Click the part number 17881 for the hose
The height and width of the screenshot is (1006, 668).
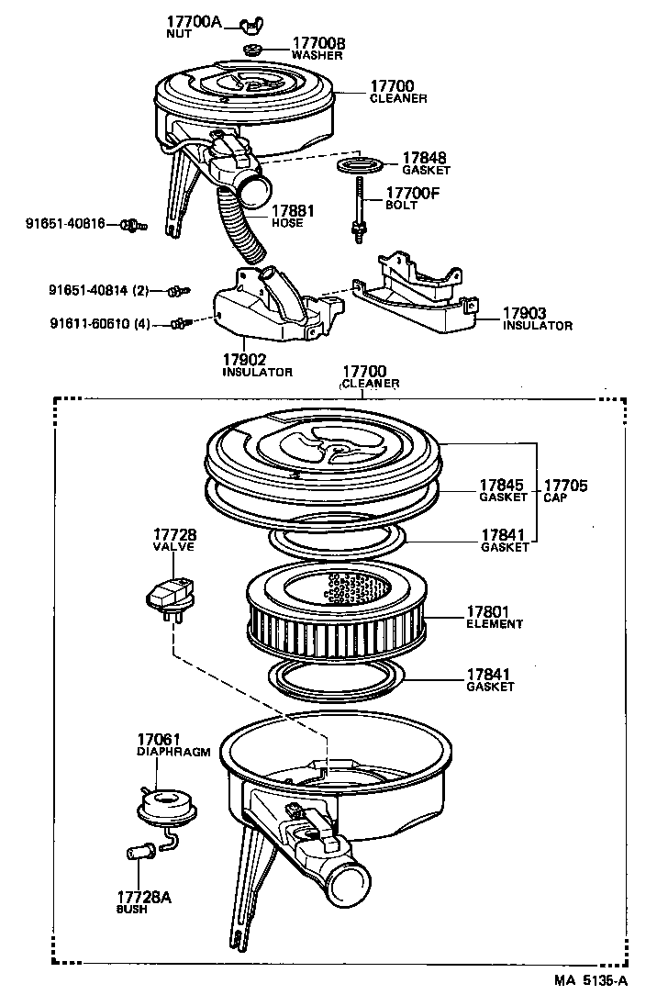point(293,211)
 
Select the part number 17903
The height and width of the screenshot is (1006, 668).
point(524,314)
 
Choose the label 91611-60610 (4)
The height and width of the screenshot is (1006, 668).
point(100,323)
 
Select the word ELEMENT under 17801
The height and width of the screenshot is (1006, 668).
point(494,624)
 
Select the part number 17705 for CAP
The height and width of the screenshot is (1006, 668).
point(565,485)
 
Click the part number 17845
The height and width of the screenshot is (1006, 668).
point(502,485)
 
